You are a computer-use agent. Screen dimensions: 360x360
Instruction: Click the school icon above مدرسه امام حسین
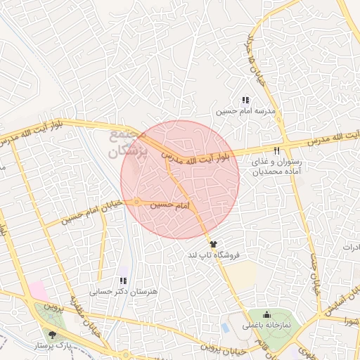245,101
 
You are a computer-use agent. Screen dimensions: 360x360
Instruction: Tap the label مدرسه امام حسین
245,112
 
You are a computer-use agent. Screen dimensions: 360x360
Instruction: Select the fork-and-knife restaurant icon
276,150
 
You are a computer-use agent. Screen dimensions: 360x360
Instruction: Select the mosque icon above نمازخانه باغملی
267,314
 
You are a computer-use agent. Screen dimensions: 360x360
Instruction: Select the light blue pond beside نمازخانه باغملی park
224,328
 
